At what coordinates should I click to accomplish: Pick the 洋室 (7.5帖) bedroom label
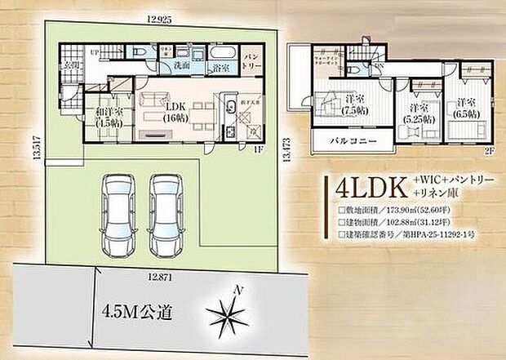coord(355,104)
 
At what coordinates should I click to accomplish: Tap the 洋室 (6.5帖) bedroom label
coord(466,108)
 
